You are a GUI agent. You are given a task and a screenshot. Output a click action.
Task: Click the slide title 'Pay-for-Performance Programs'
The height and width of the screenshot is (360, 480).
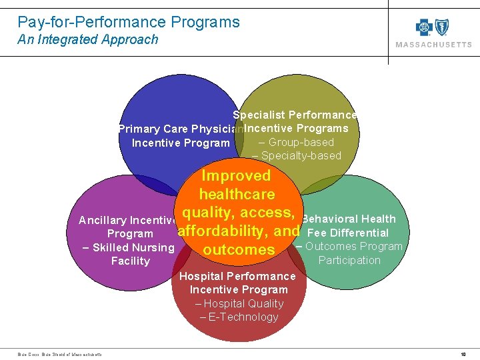(129, 22)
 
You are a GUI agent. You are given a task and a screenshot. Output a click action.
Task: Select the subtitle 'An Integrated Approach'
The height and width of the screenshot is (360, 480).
(88, 39)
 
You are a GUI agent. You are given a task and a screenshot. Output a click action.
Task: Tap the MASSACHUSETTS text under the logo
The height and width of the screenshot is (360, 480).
(433, 45)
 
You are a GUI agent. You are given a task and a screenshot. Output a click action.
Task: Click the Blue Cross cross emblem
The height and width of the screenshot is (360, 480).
(424, 27)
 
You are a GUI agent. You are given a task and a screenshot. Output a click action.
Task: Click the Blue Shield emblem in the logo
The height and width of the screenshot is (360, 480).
(441, 27)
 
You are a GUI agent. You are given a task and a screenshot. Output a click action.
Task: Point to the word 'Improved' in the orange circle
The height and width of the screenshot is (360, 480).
(236, 176)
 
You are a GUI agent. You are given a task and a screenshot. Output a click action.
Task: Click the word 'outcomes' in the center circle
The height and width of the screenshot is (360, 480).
(239, 250)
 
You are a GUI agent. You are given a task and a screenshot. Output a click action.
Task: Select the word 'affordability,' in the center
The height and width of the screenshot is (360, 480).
(224, 231)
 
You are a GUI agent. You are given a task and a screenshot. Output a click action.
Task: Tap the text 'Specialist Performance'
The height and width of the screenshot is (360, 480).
(295, 115)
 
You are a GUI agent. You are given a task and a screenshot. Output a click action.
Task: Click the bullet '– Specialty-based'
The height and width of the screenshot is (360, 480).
(297, 156)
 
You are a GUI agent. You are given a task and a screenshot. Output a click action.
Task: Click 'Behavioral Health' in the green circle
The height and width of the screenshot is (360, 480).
(349, 219)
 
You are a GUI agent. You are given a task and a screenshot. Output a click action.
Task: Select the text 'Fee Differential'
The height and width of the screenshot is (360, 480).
(348, 233)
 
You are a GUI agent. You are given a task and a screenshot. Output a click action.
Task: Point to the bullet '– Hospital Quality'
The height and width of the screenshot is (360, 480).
(239, 303)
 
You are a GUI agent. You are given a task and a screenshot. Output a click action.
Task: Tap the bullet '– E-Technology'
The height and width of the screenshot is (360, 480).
(239, 317)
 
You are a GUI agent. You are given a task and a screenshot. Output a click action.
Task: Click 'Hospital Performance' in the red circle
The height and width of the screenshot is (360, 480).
(237, 276)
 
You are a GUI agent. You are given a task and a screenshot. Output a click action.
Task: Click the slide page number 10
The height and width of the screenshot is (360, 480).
(463, 354)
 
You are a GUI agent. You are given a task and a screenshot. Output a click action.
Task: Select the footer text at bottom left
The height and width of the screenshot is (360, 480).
(60, 354)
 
